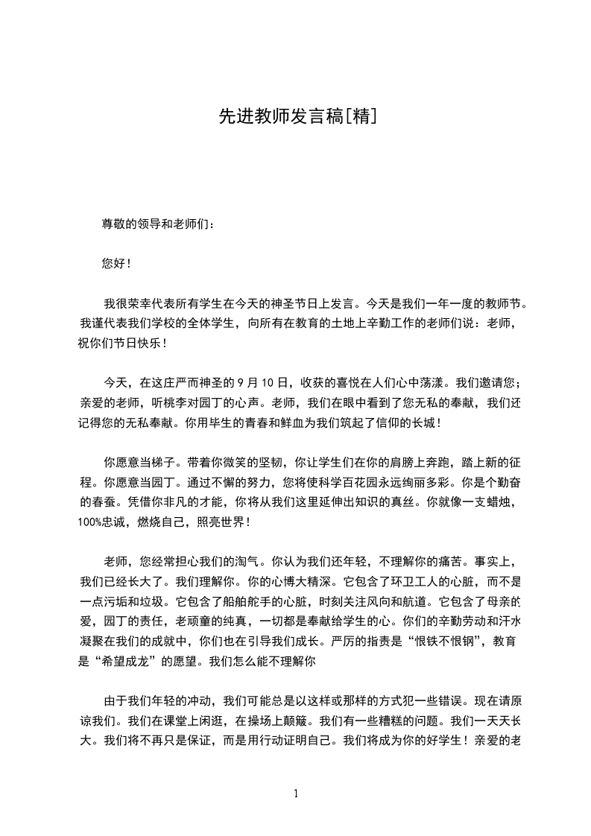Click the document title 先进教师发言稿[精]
tap(296, 116)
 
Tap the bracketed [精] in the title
tap(358, 116)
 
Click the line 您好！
tap(117, 263)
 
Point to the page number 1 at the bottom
tap(296, 794)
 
